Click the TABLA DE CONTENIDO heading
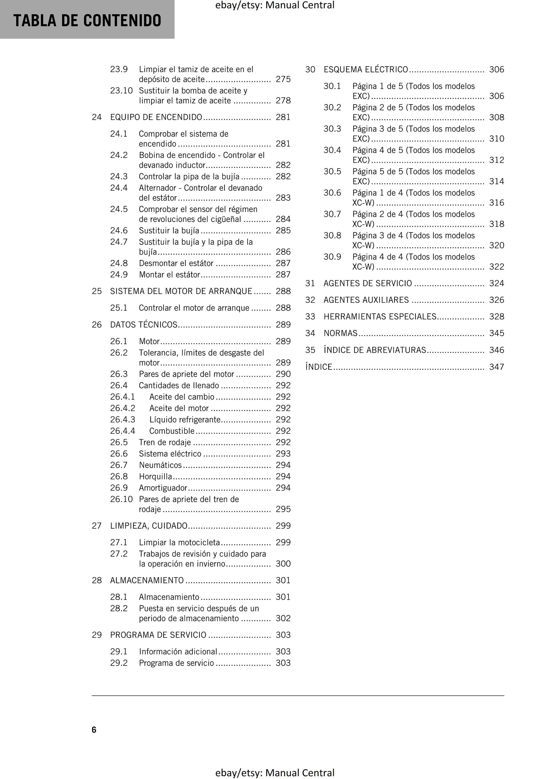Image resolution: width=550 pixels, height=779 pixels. [x=87, y=20]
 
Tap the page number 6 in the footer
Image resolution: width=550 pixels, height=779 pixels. [x=94, y=730]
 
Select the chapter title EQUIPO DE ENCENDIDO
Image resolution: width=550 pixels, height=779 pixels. [x=156, y=117]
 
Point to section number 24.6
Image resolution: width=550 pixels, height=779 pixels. [x=119, y=231]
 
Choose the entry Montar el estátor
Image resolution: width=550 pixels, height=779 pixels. [x=169, y=275]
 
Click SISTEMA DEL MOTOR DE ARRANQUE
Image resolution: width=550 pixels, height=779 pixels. [x=181, y=291]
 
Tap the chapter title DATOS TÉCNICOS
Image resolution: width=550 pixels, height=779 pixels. [x=144, y=325]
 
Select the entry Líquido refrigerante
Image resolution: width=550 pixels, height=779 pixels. [x=185, y=420]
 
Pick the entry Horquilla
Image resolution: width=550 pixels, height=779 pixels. [x=155, y=477]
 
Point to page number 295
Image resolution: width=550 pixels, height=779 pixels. [x=283, y=509]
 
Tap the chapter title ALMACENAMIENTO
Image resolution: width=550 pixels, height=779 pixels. [x=147, y=580]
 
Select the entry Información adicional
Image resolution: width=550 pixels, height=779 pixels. [x=178, y=652]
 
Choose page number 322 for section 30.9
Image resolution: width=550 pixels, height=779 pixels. [x=496, y=267]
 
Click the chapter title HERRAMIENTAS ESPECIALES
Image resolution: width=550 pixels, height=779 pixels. [x=380, y=317]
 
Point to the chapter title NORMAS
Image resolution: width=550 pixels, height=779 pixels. [x=341, y=333]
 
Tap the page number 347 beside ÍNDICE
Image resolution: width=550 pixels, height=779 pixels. [x=496, y=367]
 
